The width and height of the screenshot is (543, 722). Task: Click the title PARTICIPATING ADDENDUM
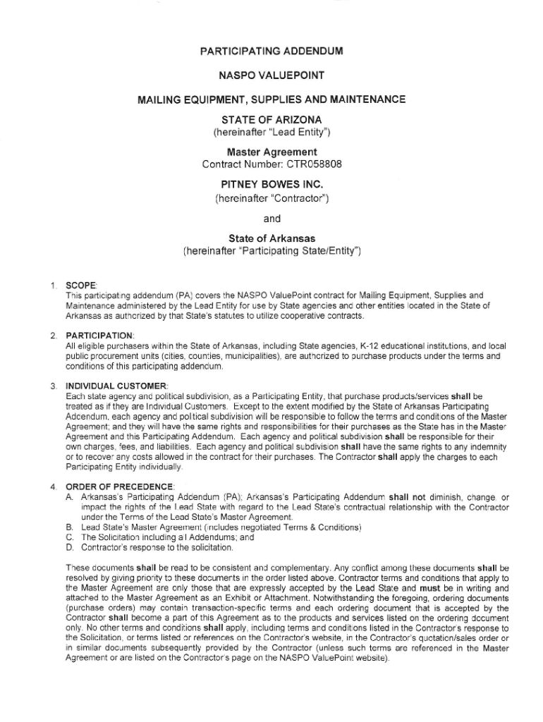tap(271, 51)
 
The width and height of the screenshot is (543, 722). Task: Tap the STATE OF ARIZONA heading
tap(271, 120)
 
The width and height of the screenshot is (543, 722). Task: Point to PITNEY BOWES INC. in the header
tap(271, 185)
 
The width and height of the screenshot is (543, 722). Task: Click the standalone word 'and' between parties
tap(271, 219)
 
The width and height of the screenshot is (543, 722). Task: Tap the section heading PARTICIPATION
tap(99, 335)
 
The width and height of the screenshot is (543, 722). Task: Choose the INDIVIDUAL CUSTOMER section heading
tap(116, 386)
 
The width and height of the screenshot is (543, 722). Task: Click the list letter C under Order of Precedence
tap(69, 537)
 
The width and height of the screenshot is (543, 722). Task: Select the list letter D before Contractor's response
tap(69, 546)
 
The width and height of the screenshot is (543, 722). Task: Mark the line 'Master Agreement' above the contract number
tap(271, 152)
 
